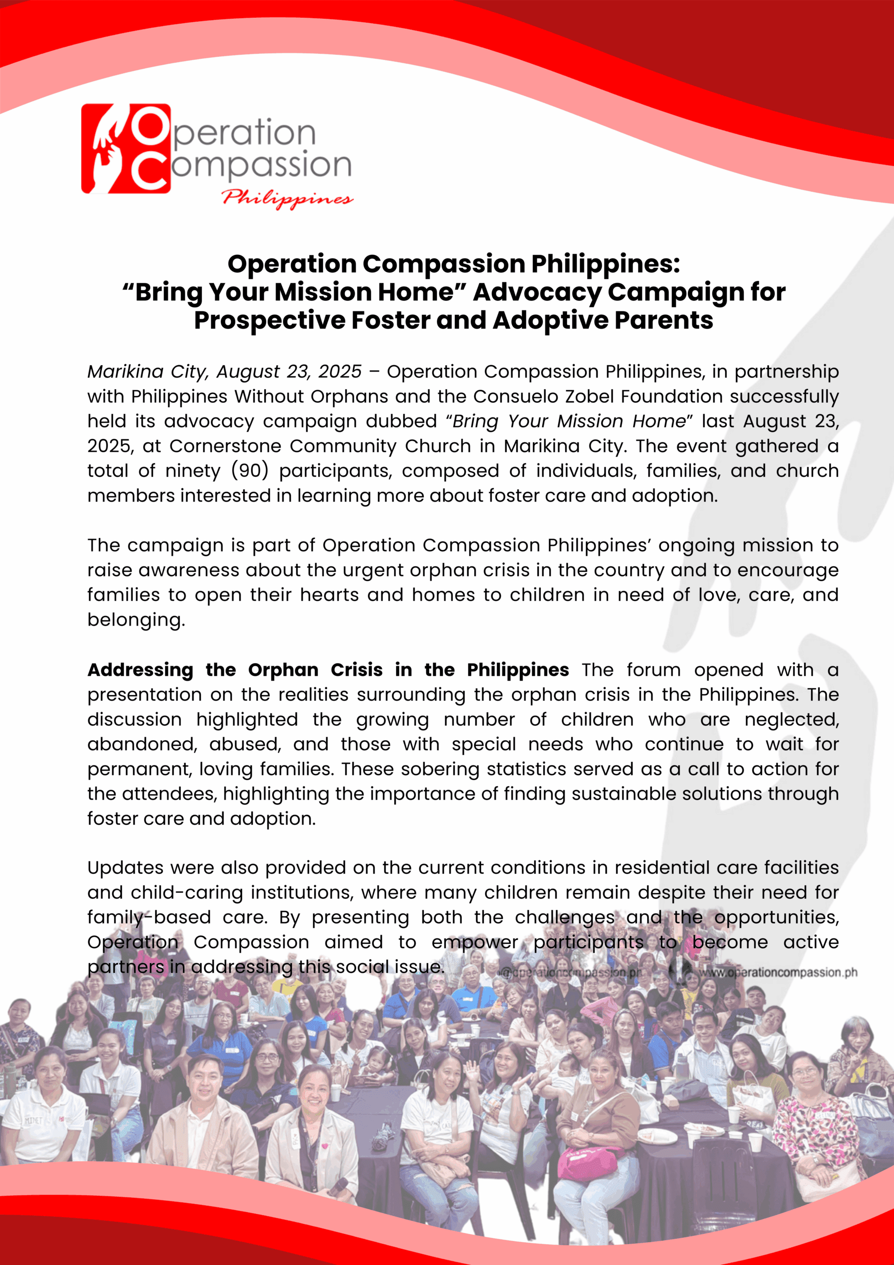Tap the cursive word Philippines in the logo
pos(287,198)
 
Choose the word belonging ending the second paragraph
pos(135,620)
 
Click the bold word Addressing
pos(140,670)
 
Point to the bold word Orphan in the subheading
pos(283,670)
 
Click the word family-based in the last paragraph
pos(149,917)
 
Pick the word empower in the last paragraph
pos(474,942)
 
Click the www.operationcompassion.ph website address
pos(777,972)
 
